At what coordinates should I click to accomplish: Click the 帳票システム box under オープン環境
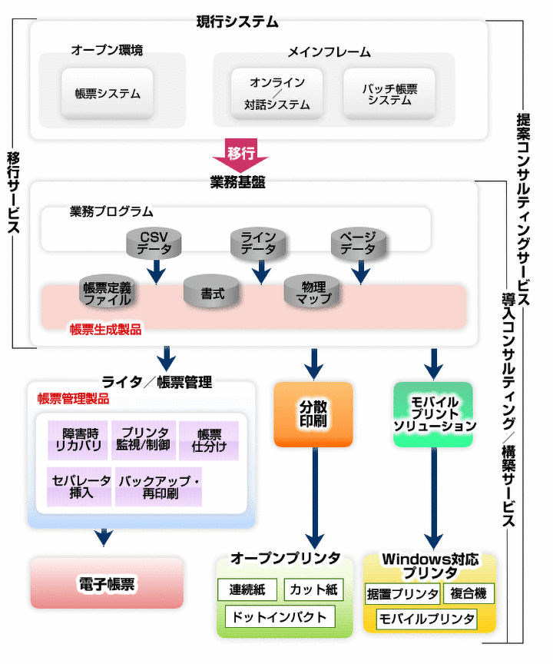coord(108,94)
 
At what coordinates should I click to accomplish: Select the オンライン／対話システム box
coord(277,94)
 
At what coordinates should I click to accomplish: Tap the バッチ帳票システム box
coord(389,94)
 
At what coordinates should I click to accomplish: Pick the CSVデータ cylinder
coord(154,242)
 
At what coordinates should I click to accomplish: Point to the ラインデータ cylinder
coord(258,243)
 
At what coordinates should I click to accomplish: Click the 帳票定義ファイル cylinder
coord(107,293)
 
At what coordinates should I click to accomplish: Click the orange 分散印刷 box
coord(313,414)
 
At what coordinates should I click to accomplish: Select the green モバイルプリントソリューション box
coord(435,414)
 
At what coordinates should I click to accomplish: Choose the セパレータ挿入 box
coord(79,486)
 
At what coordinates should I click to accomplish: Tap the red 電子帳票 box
coord(107,583)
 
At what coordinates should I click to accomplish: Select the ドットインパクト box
coord(280,616)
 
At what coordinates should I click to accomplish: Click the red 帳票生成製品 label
coord(105,329)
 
